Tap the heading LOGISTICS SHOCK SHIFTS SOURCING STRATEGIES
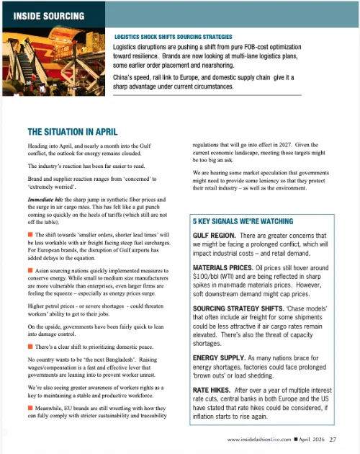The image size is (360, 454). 173,36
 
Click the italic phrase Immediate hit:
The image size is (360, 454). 49,198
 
